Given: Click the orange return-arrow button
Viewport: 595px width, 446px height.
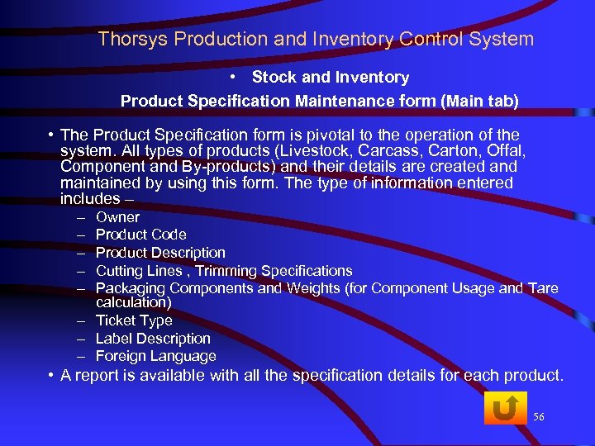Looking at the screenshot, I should point(504,408).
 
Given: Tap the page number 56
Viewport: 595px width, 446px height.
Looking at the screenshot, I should point(540,417).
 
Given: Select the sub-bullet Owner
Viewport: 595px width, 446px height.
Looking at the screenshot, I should point(117,217).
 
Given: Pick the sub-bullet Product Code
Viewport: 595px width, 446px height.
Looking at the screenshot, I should point(141,235).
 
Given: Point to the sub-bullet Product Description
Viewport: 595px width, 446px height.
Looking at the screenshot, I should point(160,253).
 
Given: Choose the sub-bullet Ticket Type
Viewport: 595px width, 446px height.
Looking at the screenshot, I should point(134,320).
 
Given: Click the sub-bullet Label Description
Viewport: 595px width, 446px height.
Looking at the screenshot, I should point(153,339).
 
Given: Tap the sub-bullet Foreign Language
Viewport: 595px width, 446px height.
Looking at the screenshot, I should point(156,356).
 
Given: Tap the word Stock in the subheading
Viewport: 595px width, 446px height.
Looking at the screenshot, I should point(274,78).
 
